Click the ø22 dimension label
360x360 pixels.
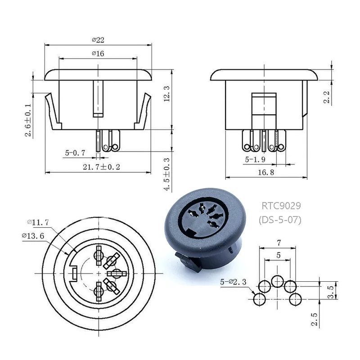[98, 40]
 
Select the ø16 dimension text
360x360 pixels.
[98, 54]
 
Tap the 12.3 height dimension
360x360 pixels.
[166, 94]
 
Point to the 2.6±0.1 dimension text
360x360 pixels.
[28, 120]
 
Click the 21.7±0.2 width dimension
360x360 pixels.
[102, 167]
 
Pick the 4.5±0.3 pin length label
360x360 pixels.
[166, 174]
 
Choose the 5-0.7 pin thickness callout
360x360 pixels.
[75, 153]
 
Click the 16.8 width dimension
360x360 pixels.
[266, 172]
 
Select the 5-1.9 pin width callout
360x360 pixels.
[255, 159]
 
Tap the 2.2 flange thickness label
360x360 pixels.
[327, 97]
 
